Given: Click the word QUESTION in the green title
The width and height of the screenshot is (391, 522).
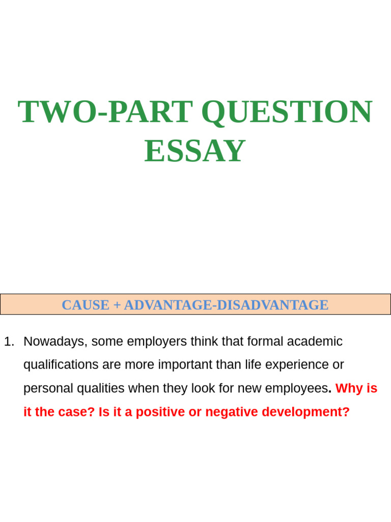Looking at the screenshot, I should click(287, 112).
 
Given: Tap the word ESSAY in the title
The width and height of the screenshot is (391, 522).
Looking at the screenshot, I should click(195, 151).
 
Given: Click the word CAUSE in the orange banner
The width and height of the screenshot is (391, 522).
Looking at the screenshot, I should click(85, 305).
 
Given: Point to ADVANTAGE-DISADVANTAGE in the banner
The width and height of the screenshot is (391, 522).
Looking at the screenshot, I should click(226, 305).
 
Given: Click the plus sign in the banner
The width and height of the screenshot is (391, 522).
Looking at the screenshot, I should click(117, 305).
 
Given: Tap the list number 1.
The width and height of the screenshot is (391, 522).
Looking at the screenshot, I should click(8, 342).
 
